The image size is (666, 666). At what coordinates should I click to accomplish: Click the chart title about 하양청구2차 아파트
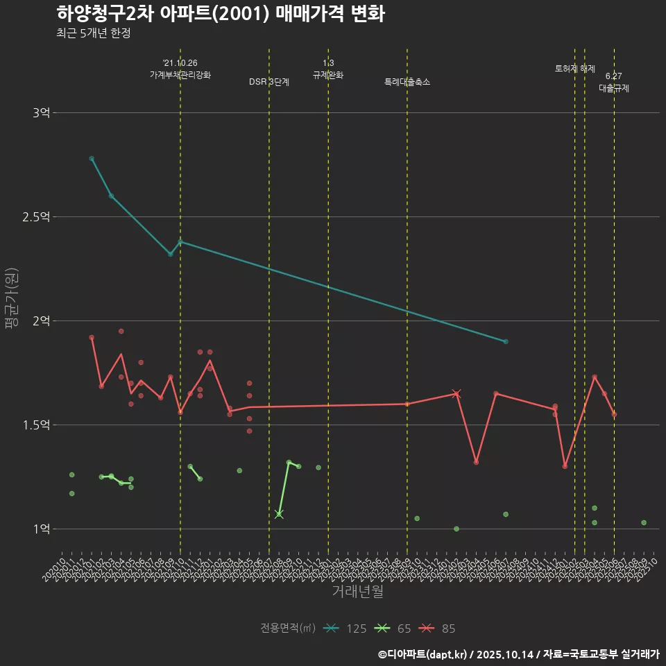(x=221, y=13)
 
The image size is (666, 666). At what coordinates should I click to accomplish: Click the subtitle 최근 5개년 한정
(x=93, y=33)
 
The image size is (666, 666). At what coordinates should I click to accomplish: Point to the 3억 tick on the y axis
(x=41, y=112)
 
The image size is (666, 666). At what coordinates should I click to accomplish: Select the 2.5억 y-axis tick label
(x=36, y=216)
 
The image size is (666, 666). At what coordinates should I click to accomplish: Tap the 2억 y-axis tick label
(x=41, y=321)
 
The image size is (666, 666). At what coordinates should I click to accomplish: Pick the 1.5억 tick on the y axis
(x=36, y=425)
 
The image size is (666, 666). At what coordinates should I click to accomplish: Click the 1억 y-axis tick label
(x=41, y=529)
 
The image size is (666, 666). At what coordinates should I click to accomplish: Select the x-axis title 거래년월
(x=357, y=591)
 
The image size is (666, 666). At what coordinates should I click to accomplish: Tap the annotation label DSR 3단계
(x=269, y=82)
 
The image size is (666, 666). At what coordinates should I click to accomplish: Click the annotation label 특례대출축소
(x=407, y=82)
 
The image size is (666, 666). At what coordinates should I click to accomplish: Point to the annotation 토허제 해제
(x=575, y=69)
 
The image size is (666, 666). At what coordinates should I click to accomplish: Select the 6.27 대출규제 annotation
(x=614, y=83)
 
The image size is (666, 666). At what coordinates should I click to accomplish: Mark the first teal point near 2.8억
(x=92, y=158)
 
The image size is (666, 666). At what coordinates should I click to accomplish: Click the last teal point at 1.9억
(x=506, y=341)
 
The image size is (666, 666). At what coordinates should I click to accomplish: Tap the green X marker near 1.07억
(x=279, y=514)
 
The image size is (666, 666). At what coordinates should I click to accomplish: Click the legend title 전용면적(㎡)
(x=288, y=629)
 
